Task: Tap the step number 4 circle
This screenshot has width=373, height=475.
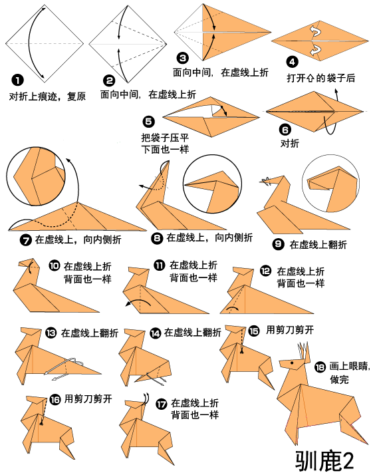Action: pyautogui.click(x=293, y=63)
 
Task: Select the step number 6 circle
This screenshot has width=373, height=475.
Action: pyautogui.click(x=286, y=130)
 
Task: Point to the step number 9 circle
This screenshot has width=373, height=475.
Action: pyautogui.click(x=278, y=243)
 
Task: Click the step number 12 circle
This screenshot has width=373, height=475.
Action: pyautogui.click(x=265, y=271)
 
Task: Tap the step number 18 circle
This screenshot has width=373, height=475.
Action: pyautogui.click(x=320, y=367)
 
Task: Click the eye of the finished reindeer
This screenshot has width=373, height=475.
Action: pyautogui.click(x=291, y=365)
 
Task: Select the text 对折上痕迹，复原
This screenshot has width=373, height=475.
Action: pyautogui.click(x=48, y=96)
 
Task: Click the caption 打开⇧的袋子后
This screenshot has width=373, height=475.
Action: pyautogui.click(x=320, y=78)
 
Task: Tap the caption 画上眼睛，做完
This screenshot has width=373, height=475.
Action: pyautogui.click(x=348, y=373)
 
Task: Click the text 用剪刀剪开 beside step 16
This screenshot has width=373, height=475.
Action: pyautogui.click(x=88, y=399)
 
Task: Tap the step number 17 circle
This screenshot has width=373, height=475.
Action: pyautogui.click(x=161, y=404)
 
